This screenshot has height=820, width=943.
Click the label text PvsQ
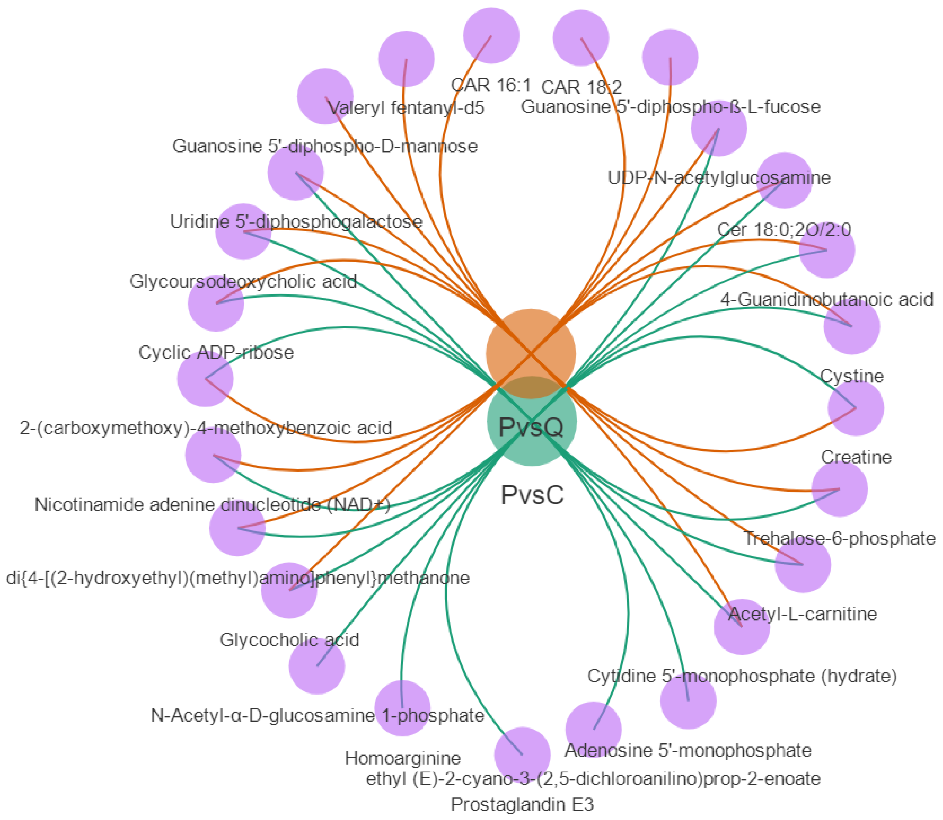point(531,427)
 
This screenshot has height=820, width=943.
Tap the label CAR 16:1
point(491,85)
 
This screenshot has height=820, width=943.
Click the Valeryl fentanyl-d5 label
point(406,108)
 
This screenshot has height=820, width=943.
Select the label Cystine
point(852,376)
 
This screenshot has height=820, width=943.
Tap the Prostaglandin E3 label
point(522,804)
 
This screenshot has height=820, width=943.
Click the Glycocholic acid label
point(289,640)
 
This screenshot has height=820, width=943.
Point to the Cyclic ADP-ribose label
point(216,352)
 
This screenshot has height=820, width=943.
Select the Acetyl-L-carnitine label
point(802,614)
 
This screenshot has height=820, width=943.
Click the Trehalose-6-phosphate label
point(839,539)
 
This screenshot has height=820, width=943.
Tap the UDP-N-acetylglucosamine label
point(719,178)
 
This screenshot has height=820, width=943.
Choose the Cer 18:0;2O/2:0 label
point(784,230)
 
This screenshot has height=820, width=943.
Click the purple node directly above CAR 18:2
point(581,38)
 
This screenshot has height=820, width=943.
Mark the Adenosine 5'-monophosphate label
point(688,750)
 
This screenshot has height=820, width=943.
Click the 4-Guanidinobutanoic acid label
point(827,299)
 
